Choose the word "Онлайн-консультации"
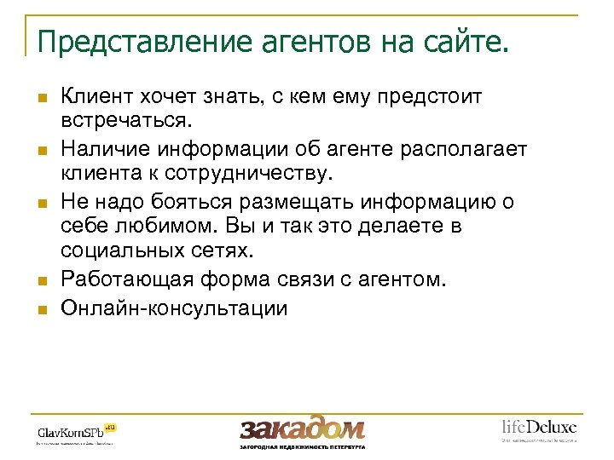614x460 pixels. [174, 308]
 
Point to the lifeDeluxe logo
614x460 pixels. [538, 428]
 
